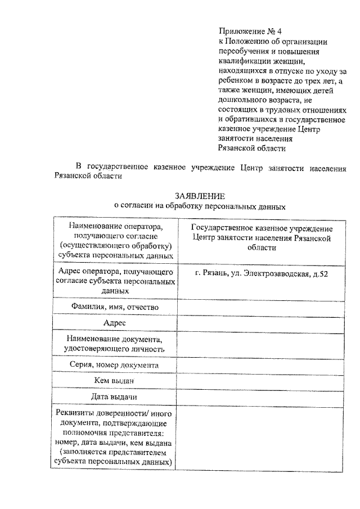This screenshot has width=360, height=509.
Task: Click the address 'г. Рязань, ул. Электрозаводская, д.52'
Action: coord(262,273)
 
